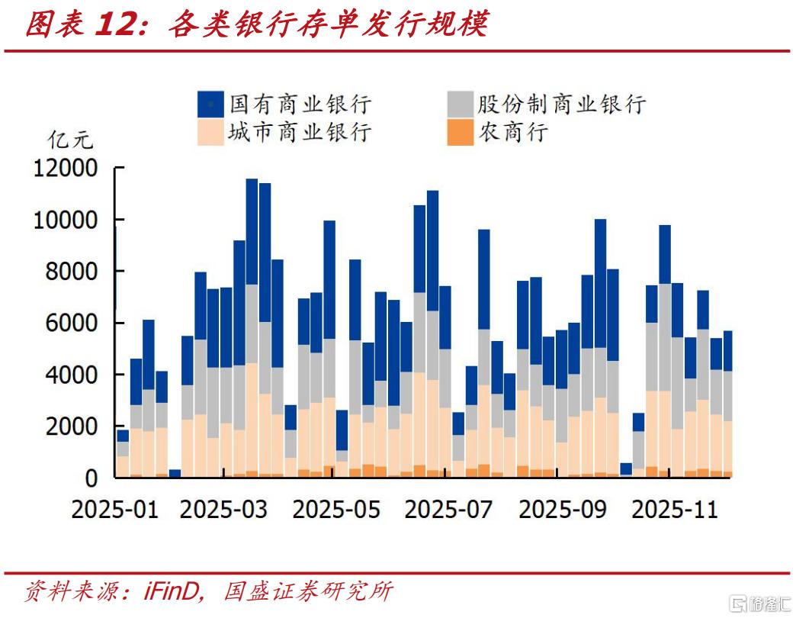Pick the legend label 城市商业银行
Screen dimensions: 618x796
[x=300, y=132]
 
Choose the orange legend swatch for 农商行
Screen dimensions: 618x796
[x=459, y=132]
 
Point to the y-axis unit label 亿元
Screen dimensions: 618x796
[x=70, y=140]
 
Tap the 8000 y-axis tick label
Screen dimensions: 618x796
[x=72, y=272]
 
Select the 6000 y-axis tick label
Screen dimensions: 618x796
[x=72, y=323]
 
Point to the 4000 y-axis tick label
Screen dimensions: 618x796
[x=72, y=375]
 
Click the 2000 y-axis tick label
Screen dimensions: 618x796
[x=72, y=426]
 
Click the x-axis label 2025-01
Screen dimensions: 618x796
[x=114, y=509]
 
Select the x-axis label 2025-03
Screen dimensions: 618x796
[x=223, y=509]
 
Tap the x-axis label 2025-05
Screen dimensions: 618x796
[x=335, y=509]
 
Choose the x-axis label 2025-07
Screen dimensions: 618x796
[x=448, y=509]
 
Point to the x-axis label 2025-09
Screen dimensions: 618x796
[x=562, y=509]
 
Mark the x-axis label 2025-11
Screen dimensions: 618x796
[x=674, y=509]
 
